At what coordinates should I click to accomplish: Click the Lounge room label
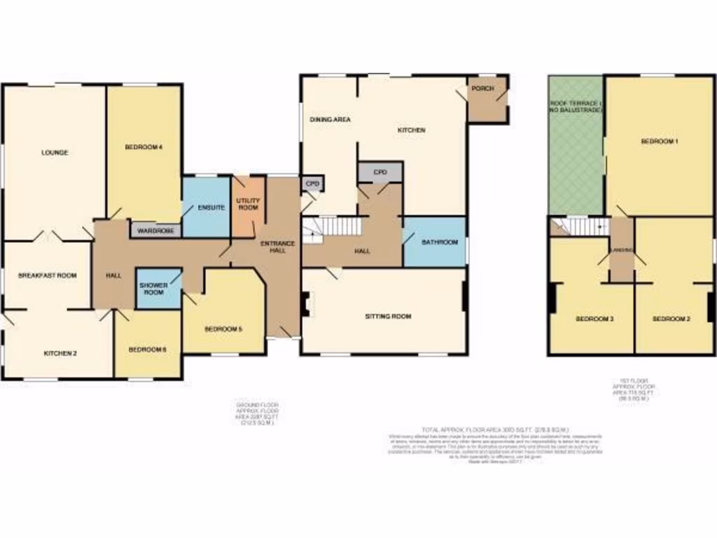[x=54, y=152]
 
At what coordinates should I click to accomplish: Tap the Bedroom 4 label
[x=144, y=146]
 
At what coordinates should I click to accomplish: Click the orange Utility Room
[x=247, y=205]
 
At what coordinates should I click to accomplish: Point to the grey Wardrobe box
[x=155, y=229]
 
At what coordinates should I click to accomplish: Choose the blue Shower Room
[x=153, y=288]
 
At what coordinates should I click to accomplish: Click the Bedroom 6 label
[x=147, y=348]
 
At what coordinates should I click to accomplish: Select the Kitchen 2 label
[x=60, y=353]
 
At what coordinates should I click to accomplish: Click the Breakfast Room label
[x=47, y=275]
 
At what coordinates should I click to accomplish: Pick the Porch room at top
[x=482, y=89]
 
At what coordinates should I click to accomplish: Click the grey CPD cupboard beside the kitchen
[x=380, y=172]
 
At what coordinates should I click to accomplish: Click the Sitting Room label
[x=388, y=316]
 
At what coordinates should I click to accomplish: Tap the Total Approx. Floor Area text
[x=494, y=429]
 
